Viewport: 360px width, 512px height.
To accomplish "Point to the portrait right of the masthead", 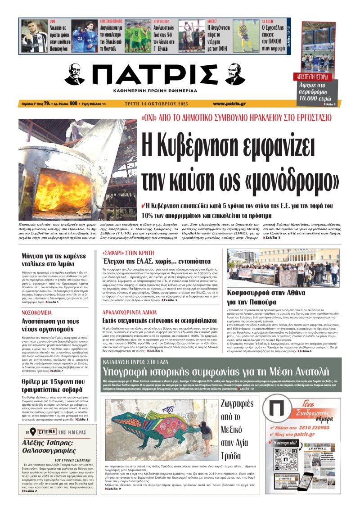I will (x=234, y=74).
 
